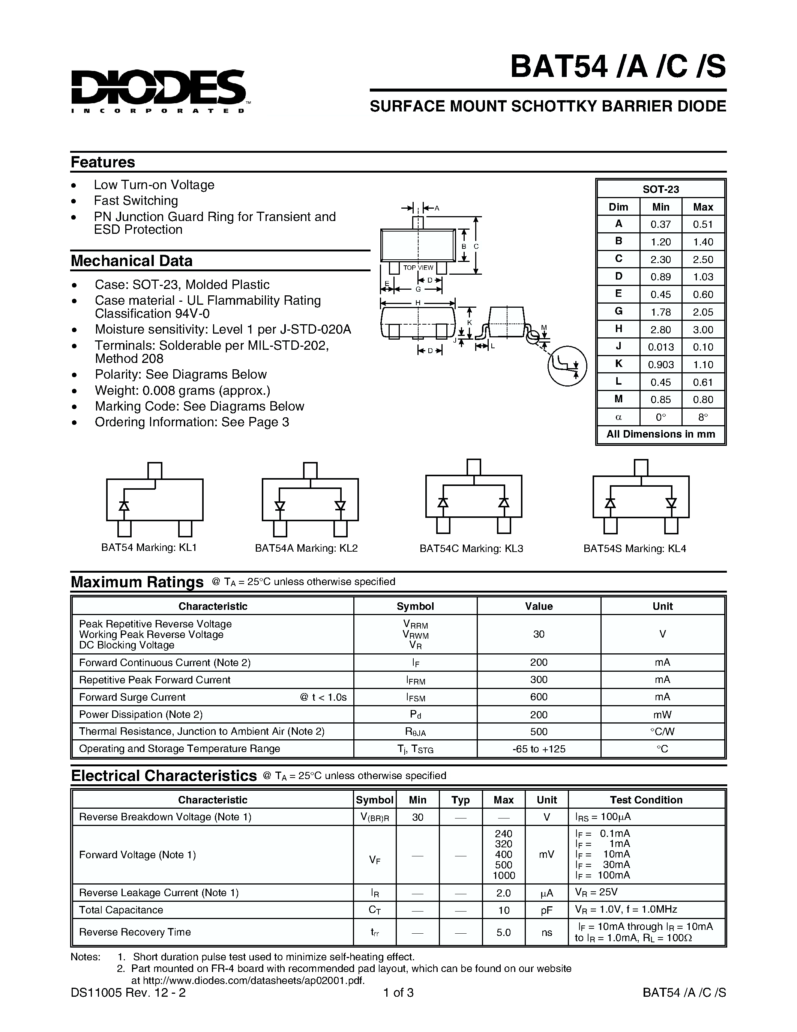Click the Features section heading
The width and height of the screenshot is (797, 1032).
click(102, 162)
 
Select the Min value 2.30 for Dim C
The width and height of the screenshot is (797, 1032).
click(660, 259)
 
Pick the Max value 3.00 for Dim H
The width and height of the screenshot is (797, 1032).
click(702, 329)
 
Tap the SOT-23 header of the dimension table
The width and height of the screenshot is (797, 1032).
click(660, 189)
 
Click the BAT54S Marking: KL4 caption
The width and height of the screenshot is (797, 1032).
click(634, 548)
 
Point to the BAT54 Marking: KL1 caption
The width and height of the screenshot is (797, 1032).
click(149, 547)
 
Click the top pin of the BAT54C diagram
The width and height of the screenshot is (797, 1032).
click(474, 466)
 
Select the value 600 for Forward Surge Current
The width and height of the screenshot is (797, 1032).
click(538, 697)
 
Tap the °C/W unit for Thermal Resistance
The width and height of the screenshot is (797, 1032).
click(662, 731)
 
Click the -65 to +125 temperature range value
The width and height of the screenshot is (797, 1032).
click(538, 749)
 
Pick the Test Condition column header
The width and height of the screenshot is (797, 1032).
click(646, 800)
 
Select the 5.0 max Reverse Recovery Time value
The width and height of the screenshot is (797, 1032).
click(503, 932)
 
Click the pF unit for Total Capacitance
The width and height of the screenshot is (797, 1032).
click(546, 910)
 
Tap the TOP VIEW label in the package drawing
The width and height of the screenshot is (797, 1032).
click(418, 268)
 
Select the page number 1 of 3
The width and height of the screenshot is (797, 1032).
click(398, 993)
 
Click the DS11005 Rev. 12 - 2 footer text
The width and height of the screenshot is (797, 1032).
click(128, 993)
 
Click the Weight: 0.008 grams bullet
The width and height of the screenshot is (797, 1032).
click(182, 390)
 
